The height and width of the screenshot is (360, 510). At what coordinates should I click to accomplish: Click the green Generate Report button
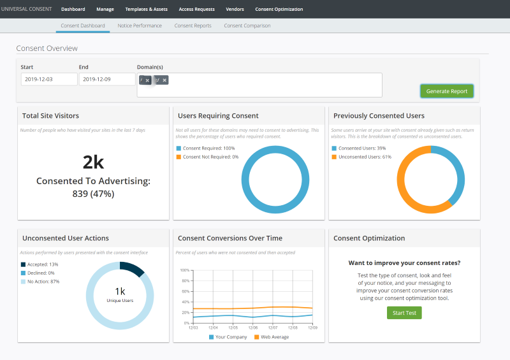[x=447, y=91]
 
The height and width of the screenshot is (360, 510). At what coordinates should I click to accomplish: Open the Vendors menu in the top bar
[x=235, y=10]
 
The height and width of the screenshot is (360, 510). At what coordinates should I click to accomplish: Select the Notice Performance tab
[x=140, y=25]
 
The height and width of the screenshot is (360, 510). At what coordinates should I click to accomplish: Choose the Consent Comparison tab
[x=247, y=25]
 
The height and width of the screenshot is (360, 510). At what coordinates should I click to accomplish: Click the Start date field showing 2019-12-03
[x=48, y=80]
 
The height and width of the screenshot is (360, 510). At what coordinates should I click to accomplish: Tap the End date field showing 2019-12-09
[x=106, y=80]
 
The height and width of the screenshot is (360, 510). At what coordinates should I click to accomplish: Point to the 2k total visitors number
[x=93, y=162]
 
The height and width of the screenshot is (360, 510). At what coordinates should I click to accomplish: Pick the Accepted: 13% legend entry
[x=42, y=264]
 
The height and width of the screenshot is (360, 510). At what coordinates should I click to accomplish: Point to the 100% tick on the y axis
[x=184, y=270]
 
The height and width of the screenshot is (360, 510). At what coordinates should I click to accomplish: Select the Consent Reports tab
[x=193, y=25]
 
